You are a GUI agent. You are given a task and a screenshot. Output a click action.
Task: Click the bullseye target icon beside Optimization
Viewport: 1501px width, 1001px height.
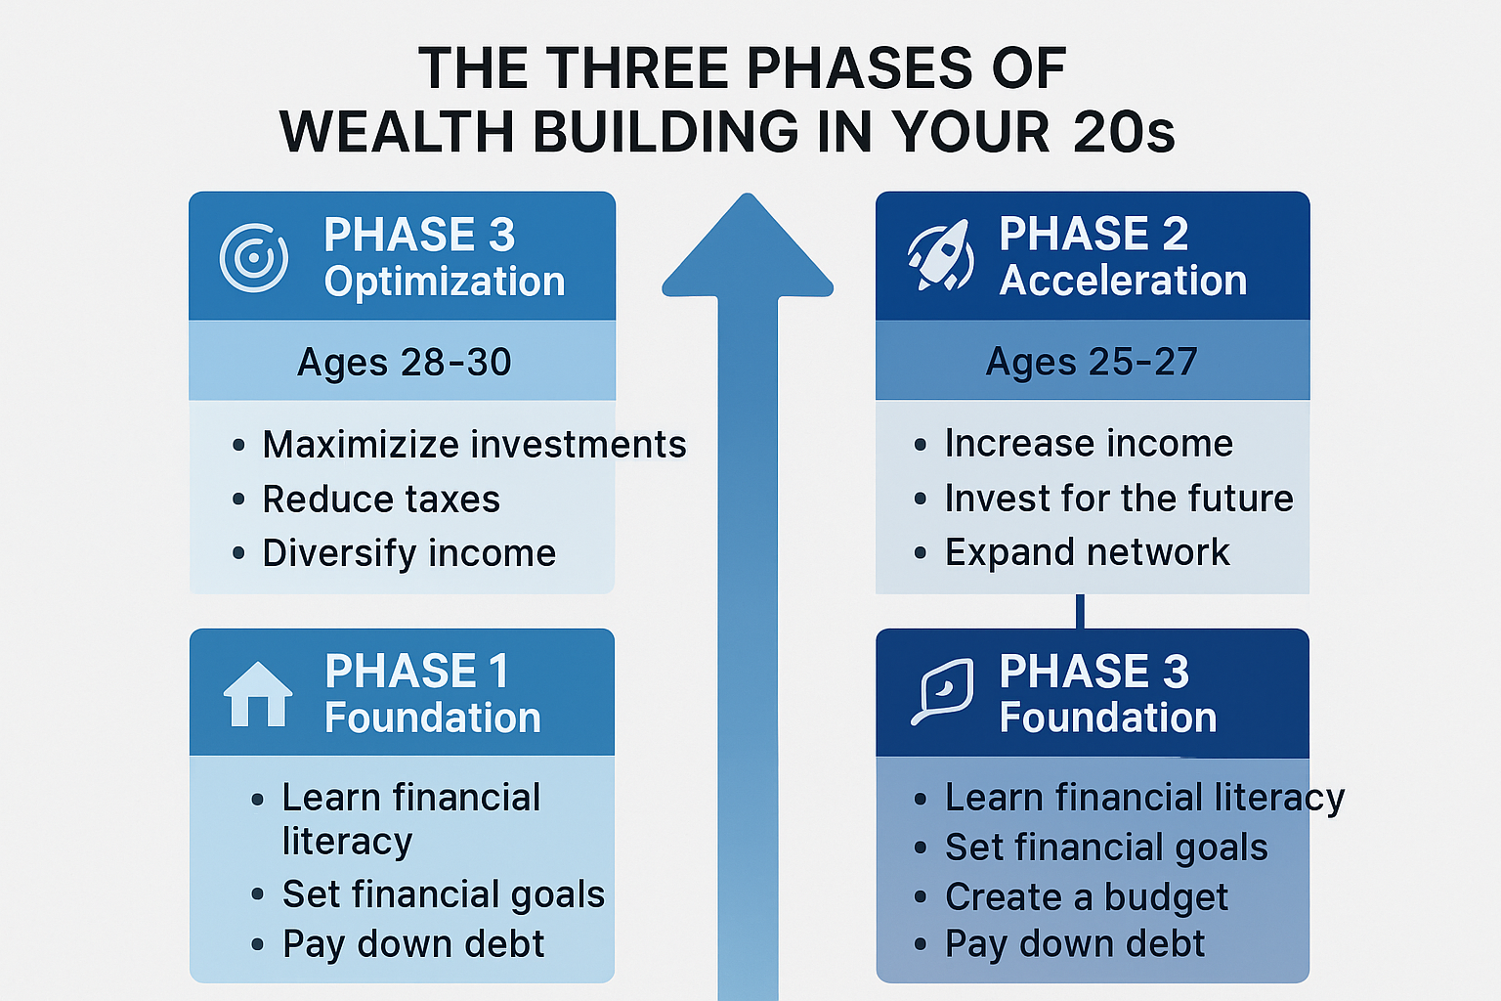[x=254, y=258]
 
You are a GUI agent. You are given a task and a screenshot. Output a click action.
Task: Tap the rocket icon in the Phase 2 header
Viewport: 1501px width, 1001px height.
[x=940, y=255]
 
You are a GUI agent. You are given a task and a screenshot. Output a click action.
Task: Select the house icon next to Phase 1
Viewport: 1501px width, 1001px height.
[x=258, y=694]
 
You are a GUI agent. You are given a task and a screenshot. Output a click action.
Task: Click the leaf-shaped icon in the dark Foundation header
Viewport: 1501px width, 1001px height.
[x=942, y=691]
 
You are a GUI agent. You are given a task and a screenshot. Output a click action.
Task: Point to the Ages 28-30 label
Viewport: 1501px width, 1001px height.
[x=404, y=363]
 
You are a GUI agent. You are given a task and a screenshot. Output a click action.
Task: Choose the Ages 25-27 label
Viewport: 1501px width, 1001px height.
[x=1092, y=363]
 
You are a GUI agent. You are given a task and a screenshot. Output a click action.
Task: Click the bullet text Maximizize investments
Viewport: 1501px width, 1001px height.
[x=474, y=445]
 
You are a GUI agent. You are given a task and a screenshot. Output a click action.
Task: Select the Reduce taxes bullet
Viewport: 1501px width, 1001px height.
[x=381, y=500]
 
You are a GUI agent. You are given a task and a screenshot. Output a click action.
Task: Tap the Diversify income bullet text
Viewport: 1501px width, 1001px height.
[x=408, y=553]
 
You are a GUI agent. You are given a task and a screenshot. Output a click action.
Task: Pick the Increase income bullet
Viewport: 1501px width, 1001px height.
[x=1089, y=444]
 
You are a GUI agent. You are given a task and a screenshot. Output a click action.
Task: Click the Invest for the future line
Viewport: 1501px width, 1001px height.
[x=1119, y=499]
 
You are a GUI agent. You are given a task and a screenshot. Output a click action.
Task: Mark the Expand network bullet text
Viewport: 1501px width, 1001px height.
[x=1087, y=552]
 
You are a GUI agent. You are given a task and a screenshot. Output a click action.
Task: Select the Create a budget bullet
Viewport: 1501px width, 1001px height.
[x=1086, y=896]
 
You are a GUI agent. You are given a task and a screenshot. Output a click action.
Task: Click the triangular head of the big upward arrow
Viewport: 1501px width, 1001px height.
[x=748, y=250]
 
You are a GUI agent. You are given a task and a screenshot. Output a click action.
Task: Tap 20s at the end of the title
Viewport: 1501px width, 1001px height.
[x=1123, y=132]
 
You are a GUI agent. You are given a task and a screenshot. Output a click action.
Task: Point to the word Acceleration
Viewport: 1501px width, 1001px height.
[x=1123, y=281]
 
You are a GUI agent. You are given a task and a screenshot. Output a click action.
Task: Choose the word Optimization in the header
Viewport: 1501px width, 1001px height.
[x=445, y=282]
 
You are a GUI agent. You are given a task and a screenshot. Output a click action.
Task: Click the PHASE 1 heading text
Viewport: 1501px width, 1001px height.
[x=417, y=672]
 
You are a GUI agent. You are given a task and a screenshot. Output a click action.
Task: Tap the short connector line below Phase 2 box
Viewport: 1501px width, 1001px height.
[x=1080, y=611]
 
